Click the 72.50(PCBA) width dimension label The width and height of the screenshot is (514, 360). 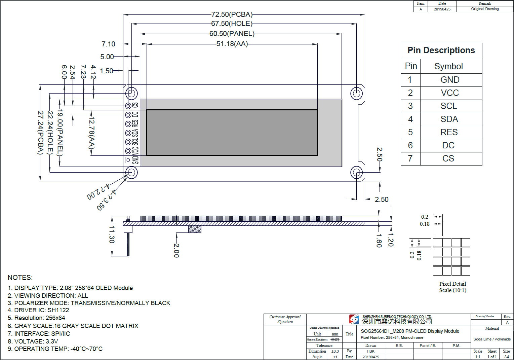(x=232, y=14)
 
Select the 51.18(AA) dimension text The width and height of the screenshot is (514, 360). (x=232, y=44)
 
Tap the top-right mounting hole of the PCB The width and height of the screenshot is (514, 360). (x=356, y=94)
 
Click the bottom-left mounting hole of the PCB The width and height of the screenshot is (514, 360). (x=131, y=173)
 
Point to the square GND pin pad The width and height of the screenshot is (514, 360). (x=128, y=160)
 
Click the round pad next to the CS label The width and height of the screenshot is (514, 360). (x=128, y=106)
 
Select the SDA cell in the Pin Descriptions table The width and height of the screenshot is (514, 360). (x=449, y=119)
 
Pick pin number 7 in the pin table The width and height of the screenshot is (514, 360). (x=410, y=158)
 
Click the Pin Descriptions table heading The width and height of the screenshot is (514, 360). (x=441, y=50)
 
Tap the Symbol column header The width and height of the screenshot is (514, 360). (x=448, y=66)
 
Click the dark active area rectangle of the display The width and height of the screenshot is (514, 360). (x=232, y=133)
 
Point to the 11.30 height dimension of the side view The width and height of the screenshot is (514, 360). (x=112, y=234)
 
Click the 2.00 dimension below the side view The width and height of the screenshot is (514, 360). (x=176, y=251)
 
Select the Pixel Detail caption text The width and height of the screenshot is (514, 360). (x=452, y=284)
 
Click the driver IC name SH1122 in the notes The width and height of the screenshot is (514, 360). (x=58, y=310)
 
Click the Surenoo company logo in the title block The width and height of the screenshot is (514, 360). (x=354, y=319)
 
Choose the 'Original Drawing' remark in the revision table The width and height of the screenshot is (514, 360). (x=485, y=9)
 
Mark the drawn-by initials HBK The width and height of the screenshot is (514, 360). (x=370, y=351)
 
